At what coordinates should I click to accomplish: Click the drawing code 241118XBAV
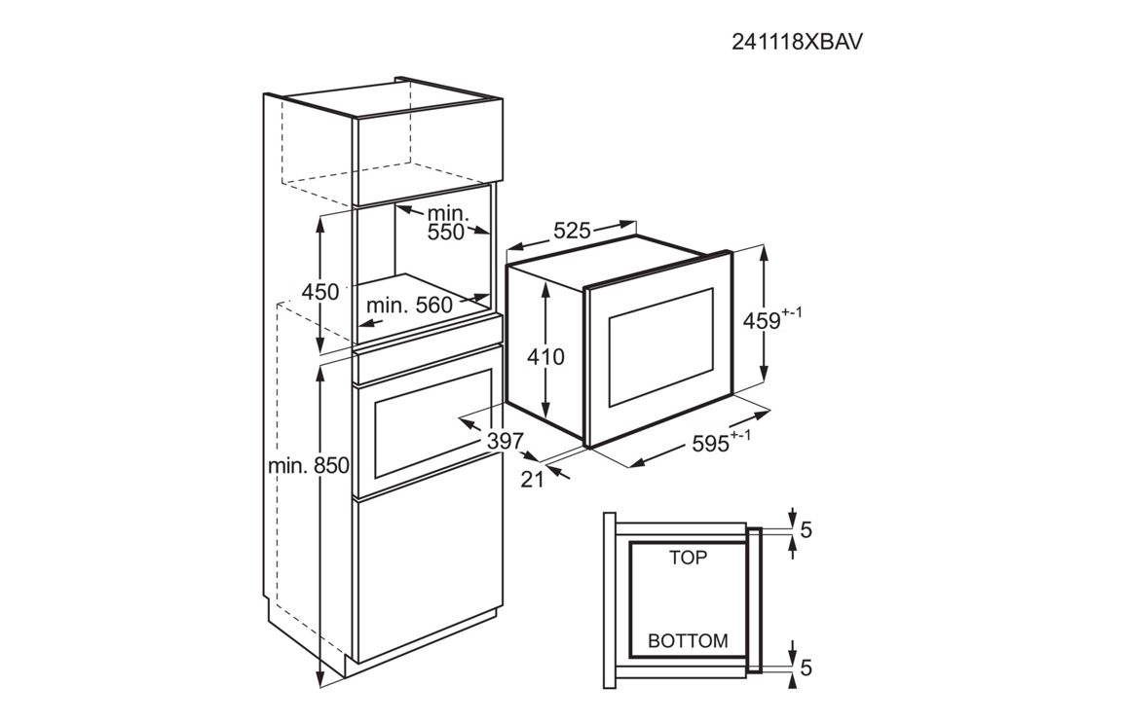797,42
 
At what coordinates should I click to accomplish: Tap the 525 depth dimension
572,232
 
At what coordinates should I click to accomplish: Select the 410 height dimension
545,357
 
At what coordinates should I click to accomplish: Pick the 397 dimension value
506,441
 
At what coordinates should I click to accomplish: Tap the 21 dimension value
532,480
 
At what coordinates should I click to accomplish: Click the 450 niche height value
320,292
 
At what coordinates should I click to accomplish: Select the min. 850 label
308,466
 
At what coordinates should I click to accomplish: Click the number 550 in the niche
446,233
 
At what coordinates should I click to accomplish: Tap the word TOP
689,559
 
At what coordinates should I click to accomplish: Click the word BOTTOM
688,641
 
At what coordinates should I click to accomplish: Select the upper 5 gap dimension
806,530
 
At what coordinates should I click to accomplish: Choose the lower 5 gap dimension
806,668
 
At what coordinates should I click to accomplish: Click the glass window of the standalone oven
661,358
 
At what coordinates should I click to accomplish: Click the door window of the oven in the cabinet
430,427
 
